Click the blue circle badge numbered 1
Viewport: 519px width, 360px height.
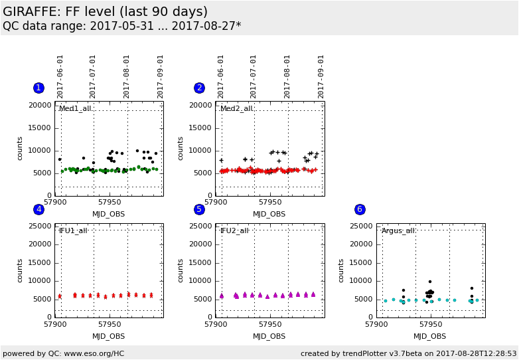click(x=38, y=88)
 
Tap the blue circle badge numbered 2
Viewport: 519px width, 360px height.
click(x=199, y=88)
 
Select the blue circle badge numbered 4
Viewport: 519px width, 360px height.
click(x=38, y=209)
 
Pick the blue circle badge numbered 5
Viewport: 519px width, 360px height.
click(x=199, y=209)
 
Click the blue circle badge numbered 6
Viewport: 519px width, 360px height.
click(x=360, y=209)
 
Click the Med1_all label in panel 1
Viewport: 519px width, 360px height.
click(x=75, y=109)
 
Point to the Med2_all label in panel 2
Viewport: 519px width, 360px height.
click(x=236, y=109)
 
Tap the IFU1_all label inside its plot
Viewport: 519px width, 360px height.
click(x=73, y=230)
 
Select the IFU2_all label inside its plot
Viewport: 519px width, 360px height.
click(x=234, y=230)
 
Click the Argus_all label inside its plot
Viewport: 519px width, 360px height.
click(x=398, y=230)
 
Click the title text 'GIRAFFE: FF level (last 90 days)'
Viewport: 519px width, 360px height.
click(x=105, y=12)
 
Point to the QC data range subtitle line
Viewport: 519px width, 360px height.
click(x=121, y=26)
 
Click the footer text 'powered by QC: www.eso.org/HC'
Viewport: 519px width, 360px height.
click(x=63, y=353)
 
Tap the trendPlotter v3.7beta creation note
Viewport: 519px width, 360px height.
click(x=408, y=353)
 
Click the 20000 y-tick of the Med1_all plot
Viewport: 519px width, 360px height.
click(x=39, y=105)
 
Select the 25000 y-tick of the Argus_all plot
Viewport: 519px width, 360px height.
click(x=360, y=226)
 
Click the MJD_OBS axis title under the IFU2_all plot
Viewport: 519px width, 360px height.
click(x=269, y=336)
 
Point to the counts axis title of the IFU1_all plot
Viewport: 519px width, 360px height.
click(x=20, y=270)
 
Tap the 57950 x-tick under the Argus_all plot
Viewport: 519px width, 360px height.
click(x=431, y=324)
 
